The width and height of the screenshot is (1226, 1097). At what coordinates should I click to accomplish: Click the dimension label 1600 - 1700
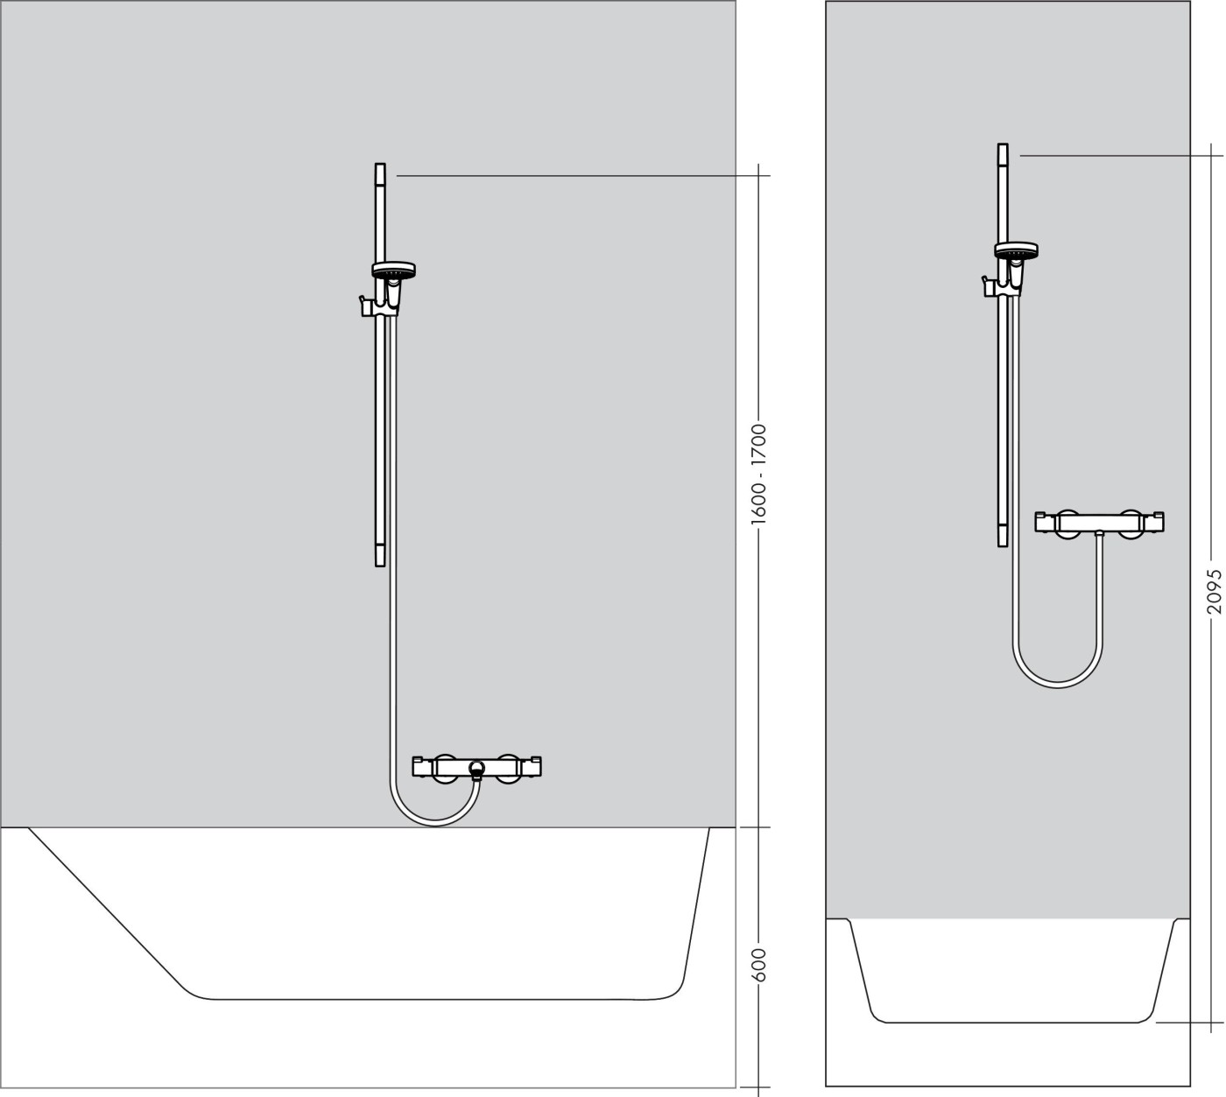click(758, 475)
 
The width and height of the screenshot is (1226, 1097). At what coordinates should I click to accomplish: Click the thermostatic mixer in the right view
click(1099, 523)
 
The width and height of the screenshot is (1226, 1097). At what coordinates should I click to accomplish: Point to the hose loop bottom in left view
click(434, 824)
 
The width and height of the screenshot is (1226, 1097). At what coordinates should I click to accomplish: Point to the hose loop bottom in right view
click(1058, 684)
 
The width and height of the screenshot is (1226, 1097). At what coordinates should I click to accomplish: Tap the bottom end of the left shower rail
click(380, 561)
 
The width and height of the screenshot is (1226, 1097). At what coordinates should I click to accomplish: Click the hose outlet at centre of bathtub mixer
click(476, 770)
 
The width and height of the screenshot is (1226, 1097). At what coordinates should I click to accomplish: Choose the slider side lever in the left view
click(360, 306)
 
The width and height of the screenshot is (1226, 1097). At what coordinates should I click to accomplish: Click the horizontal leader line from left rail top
click(578, 176)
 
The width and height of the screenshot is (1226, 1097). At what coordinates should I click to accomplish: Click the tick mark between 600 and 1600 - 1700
click(758, 826)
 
